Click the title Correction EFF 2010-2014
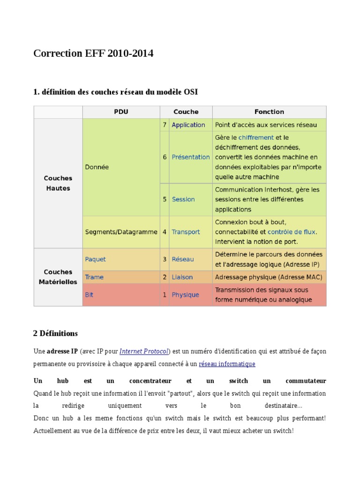[x=93, y=54]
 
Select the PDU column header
[x=121, y=112]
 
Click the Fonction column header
[x=269, y=112]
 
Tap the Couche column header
[x=186, y=112]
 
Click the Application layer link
[x=188, y=125]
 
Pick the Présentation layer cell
[x=190, y=157]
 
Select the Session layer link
[x=183, y=199]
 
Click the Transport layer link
[x=186, y=232]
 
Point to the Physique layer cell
[x=185, y=295]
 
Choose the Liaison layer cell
[x=182, y=277]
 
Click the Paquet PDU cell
[x=96, y=259]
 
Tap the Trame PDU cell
[x=94, y=277]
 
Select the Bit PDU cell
[x=89, y=295]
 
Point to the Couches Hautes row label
[x=58, y=183]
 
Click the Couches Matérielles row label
[x=58, y=277]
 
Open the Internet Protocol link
[x=144, y=351]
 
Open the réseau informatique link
[x=227, y=364]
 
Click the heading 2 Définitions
[x=55, y=334]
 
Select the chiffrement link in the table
[x=256, y=137]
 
